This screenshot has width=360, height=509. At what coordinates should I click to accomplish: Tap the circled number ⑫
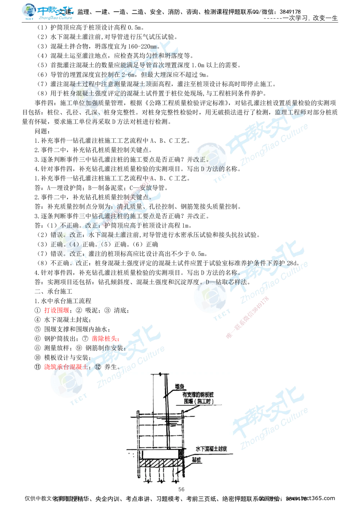point(97,367)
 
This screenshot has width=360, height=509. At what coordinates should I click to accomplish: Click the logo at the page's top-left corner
point(47,12)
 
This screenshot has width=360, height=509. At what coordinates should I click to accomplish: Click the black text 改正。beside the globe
point(201,159)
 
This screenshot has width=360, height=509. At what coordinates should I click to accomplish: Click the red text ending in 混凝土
point(65,367)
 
